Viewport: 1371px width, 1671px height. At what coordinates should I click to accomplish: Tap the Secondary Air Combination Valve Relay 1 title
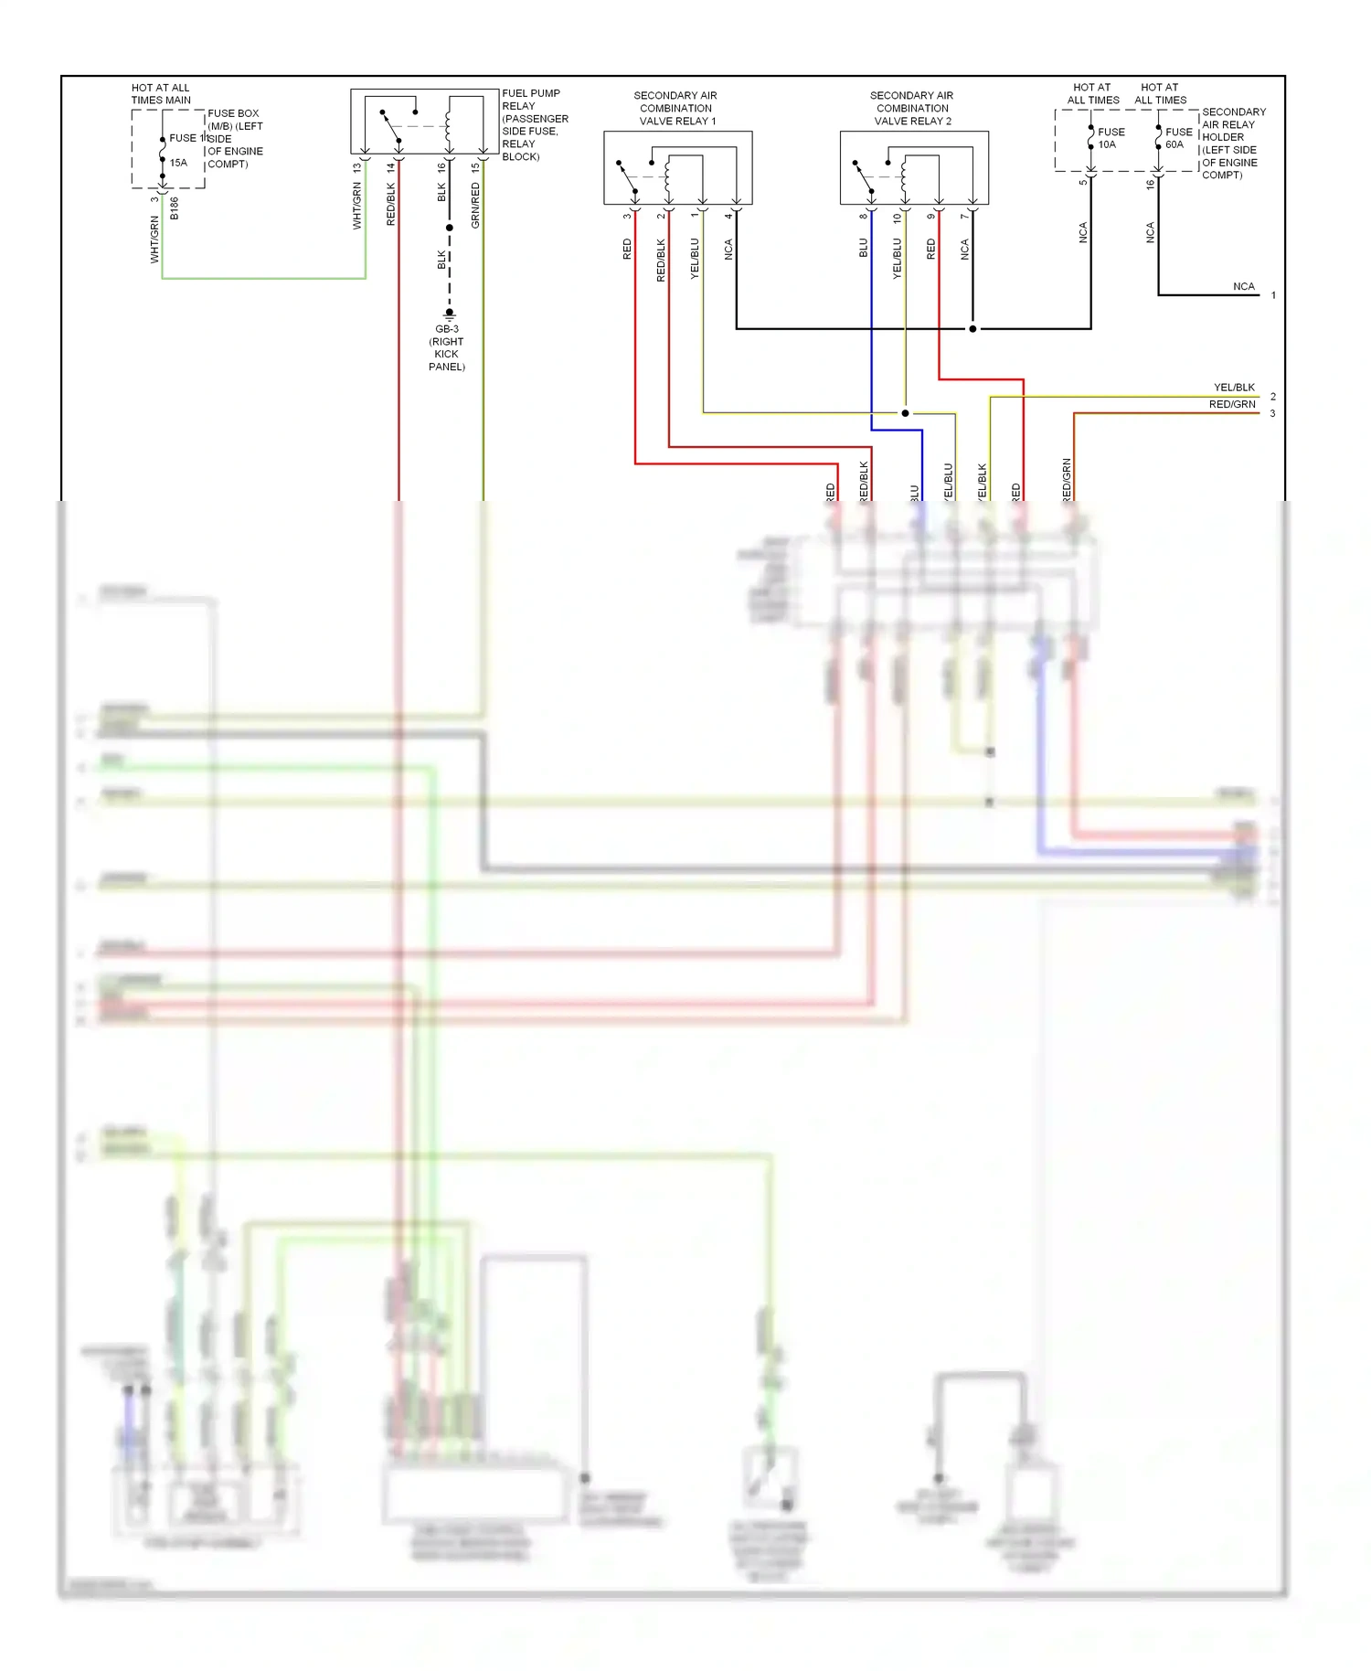click(x=675, y=108)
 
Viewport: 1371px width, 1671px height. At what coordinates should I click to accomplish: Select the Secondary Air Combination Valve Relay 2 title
click(x=912, y=108)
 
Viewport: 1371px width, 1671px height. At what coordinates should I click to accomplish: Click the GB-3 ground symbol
click(x=449, y=314)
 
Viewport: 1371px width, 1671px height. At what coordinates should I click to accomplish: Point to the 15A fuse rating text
click(x=178, y=163)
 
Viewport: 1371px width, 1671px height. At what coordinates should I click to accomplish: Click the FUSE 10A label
click(x=1111, y=138)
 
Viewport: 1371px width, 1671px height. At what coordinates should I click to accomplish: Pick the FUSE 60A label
click(x=1178, y=138)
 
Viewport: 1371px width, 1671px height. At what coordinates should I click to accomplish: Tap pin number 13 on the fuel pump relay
click(x=357, y=168)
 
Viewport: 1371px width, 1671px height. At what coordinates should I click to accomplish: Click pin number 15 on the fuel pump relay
click(x=475, y=168)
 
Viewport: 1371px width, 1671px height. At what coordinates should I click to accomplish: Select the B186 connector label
click(x=175, y=208)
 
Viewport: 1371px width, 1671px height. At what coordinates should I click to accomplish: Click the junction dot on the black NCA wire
click(x=972, y=328)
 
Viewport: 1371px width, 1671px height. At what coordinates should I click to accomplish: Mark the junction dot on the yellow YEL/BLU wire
click(x=905, y=413)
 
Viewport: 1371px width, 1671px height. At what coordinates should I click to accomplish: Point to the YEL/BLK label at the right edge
click(x=1234, y=388)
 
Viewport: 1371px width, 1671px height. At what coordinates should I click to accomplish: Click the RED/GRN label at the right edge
click(x=1232, y=404)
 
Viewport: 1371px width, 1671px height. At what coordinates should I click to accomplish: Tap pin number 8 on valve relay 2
click(x=863, y=217)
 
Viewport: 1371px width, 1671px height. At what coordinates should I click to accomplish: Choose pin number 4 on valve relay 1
click(x=728, y=217)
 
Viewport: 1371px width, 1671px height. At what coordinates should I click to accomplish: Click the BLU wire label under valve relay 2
click(x=863, y=248)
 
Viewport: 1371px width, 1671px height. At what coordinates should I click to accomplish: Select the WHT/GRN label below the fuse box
click(x=154, y=239)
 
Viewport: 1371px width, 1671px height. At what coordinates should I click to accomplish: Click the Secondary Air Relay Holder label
click(x=1233, y=144)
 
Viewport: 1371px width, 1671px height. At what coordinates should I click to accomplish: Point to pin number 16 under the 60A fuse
click(x=1150, y=185)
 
